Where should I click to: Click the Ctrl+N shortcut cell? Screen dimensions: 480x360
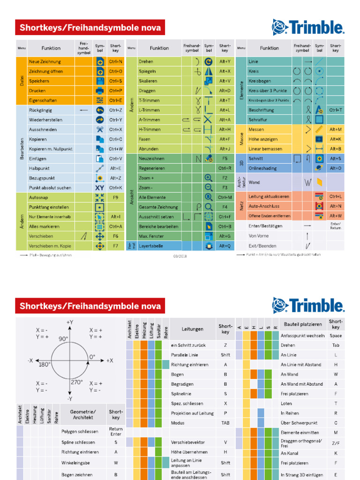(115, 61)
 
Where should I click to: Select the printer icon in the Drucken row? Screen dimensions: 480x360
(99, 90)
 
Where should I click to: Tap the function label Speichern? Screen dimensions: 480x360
(39, 81)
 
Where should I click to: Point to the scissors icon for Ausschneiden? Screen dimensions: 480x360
(99, 129)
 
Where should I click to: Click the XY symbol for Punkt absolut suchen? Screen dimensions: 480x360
(99, 187)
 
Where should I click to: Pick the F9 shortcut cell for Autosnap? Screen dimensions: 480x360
(115, 197)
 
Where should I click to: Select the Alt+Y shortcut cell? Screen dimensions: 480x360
(225, 61)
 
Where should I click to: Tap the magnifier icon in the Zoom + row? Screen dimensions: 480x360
(209, 178)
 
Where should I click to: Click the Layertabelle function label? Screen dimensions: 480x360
(150, 246)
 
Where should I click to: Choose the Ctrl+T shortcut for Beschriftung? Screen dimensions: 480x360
(336, 110)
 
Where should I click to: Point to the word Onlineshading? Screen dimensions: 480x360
(262, 168)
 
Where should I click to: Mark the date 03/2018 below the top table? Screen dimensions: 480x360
(180, 256)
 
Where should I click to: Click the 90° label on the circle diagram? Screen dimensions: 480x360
(63, 338)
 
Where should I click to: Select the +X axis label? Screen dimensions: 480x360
(109, 360)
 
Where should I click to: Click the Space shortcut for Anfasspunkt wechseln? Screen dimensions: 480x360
(336, 336)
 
